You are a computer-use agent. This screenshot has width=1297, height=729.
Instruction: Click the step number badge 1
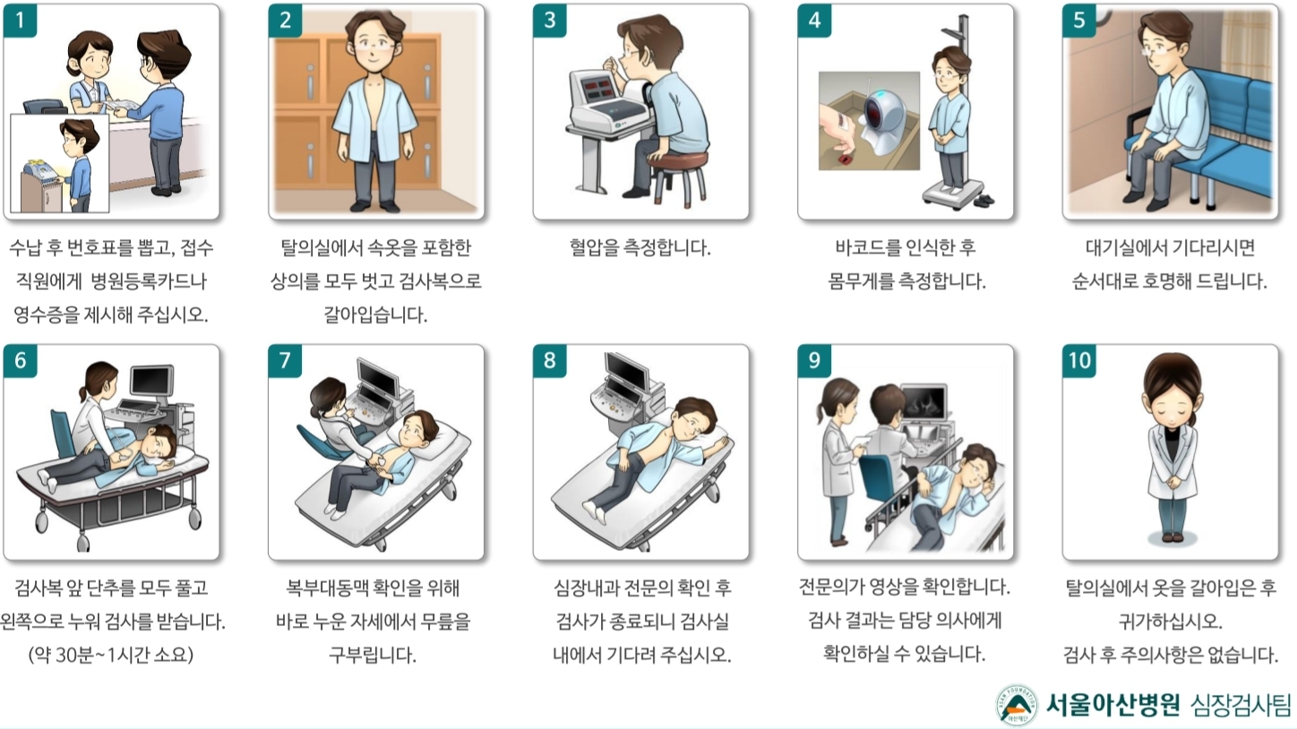(21, 21)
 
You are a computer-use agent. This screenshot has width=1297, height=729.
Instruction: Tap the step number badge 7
(285, 361)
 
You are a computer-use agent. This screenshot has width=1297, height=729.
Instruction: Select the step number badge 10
(1079, 361)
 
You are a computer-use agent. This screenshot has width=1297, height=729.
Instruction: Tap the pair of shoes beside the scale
(984, 201)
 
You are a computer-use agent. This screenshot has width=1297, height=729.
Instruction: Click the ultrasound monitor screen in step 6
(151, 381)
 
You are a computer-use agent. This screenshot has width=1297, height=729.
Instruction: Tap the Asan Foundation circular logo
(1016, 705)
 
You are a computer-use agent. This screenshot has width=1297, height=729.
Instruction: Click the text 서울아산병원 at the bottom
(1112, 704)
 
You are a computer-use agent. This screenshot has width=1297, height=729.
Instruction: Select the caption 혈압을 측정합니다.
(640, 248)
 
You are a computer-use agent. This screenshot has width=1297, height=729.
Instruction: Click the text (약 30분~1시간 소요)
(110, 655)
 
